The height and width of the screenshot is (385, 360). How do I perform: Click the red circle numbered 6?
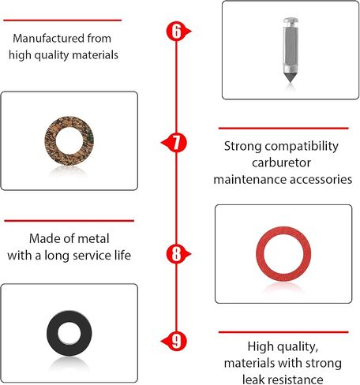click(176, 31)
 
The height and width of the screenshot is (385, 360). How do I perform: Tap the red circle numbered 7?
click(177, 143)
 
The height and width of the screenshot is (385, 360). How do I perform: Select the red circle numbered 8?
click(176, 254)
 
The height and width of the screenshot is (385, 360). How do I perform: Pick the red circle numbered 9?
click(177, 341)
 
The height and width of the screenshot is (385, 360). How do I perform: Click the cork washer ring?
click(50, 140)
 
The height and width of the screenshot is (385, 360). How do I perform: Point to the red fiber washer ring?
click(260, 254)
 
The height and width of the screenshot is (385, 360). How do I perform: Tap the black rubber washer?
click(52, 333)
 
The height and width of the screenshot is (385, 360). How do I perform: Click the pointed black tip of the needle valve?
click(291, 78)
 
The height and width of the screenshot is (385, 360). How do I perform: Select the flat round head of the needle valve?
click(291, 21)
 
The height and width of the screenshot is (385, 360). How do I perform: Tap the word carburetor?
click(281, 163)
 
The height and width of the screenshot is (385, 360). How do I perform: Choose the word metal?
click(93, 238)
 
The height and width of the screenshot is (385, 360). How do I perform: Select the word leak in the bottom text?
click(253, 379)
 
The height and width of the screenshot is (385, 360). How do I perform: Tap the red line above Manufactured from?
click(62, 20)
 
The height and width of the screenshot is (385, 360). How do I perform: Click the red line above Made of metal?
click(69, 221)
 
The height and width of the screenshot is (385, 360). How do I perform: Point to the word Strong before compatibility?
click(242, 147)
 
